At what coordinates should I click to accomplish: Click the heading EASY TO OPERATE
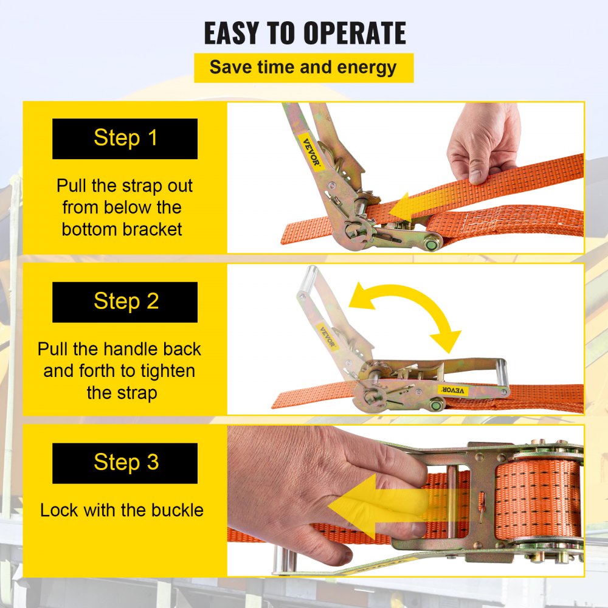(x=305, y=33)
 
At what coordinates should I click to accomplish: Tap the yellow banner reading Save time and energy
(x=303, y=68)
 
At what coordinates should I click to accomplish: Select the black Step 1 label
(x=125, y=139)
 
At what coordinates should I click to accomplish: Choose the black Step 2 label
(x=125, y=302)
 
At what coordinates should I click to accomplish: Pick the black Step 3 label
(x=125, y=463)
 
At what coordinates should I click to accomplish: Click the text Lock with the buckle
(x=122, y=510)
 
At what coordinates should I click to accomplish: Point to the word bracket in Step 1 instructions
(x=151, y=230)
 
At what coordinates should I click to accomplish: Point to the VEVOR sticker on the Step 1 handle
(x=311, y=151)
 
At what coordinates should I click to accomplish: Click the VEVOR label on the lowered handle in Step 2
(x=453, y=390)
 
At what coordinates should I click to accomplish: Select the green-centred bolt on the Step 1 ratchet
(x=432, y=244)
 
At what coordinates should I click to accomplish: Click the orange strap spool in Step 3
(x=538, y=499)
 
